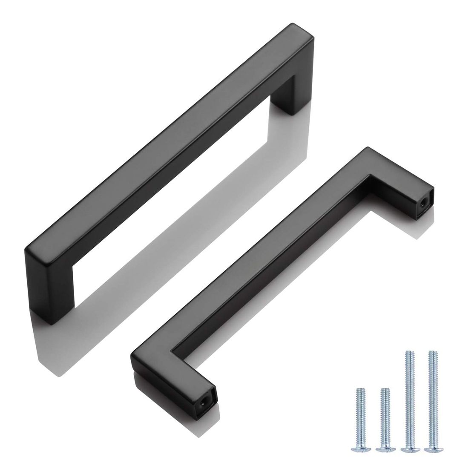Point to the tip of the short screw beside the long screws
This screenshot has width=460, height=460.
385,390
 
